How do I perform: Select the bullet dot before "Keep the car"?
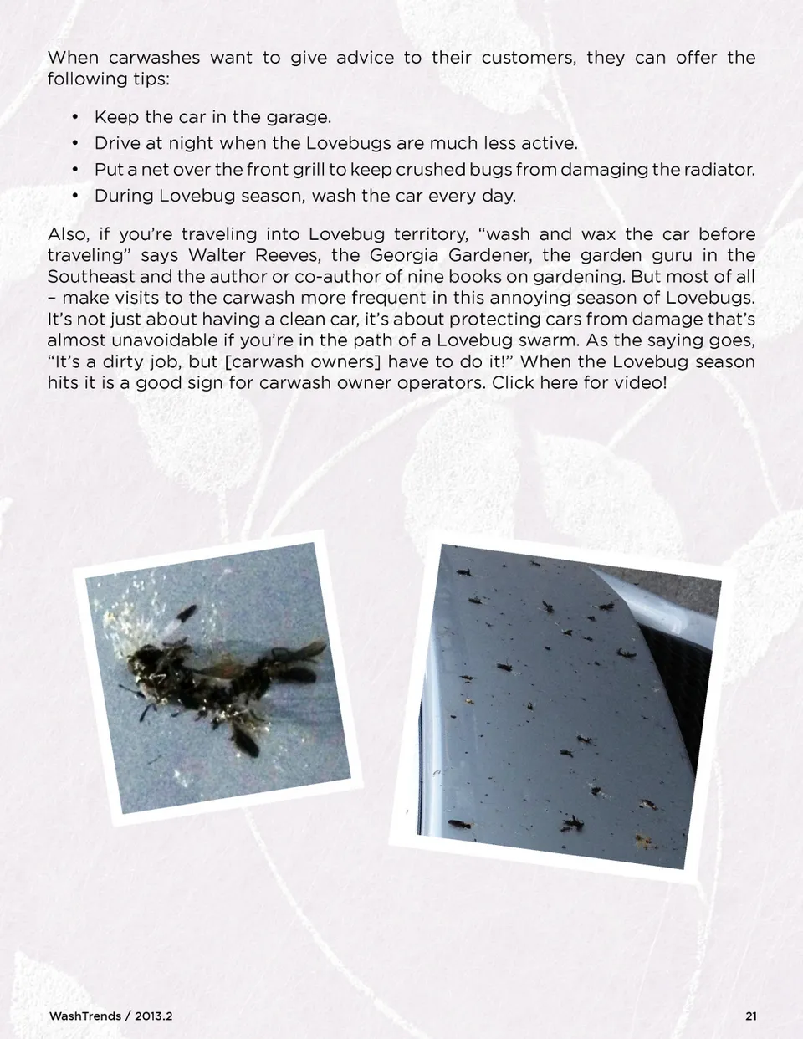tap(75, 118)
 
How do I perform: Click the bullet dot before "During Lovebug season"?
tap(75, 197)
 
